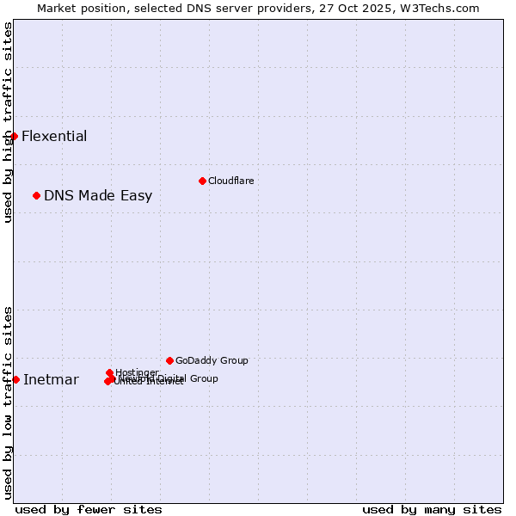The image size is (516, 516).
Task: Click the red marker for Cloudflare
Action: point(202,181)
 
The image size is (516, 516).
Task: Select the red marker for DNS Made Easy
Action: point(36,195)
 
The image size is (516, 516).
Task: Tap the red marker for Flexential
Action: point(14,136)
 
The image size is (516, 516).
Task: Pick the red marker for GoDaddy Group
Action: point(169,360)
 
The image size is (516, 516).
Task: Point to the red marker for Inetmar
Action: point(15,379)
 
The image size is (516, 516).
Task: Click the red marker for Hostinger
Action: point(109,372)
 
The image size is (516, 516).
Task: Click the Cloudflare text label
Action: point(230,181)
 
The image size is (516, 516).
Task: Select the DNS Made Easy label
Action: point(98,195)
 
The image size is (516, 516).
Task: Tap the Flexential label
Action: point(54,136)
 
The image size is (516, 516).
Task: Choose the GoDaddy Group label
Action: point(212,360)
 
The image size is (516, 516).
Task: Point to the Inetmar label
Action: point(51,380)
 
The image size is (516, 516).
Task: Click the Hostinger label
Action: point(138,372)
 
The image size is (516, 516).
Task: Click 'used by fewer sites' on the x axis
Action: point(89,509)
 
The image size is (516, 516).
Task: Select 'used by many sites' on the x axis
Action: point(432,509)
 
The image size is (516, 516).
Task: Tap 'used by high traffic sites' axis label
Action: point(8,123)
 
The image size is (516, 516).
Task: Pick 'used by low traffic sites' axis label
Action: point(8,402)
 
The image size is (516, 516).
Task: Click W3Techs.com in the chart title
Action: point(442,8)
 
